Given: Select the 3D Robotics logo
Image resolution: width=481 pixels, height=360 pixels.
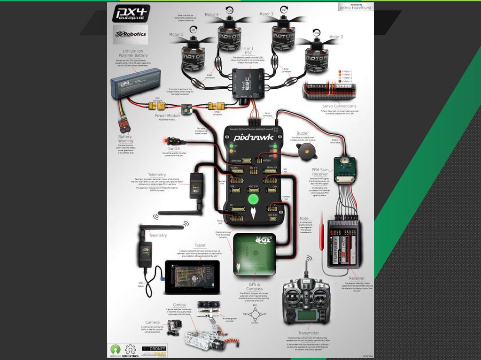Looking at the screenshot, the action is coord(130,34).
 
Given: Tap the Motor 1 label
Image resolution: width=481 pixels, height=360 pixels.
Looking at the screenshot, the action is coord(176,35).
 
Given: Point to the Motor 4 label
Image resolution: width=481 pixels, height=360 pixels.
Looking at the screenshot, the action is coord(211,15).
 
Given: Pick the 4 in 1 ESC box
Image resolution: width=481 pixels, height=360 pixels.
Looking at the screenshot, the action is coord(248,83).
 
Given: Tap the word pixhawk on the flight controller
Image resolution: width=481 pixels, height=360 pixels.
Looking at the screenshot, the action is coord(254,138).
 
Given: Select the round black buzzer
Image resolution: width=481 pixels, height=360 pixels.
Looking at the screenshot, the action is coord(305,151).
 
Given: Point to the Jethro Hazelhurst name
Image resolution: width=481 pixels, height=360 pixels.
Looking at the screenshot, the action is coord(356,8).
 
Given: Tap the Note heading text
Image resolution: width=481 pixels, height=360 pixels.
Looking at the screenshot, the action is coord(304,218).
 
